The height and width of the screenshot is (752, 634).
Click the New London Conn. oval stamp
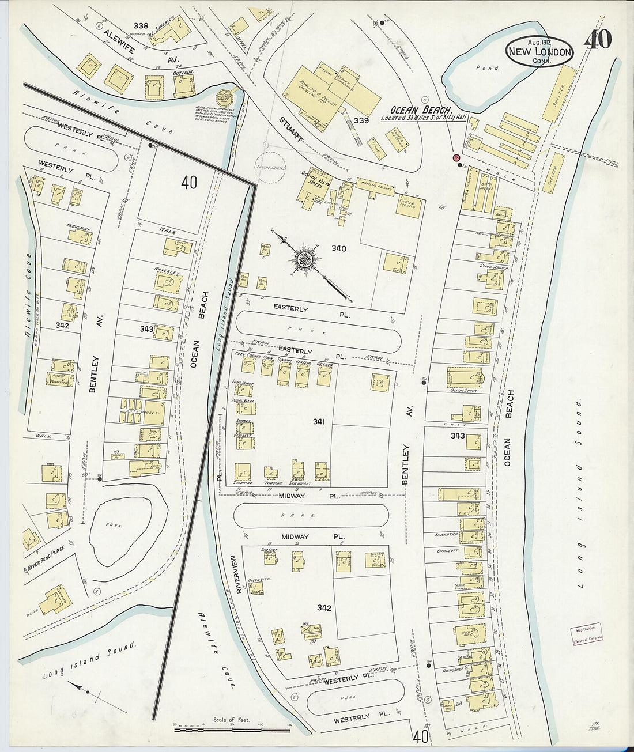tap(539, 52)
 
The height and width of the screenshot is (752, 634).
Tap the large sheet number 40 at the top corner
tap(598, 39)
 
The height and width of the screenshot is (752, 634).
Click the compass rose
tap(304, 259)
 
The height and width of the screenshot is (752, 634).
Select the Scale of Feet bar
tap(232, 730)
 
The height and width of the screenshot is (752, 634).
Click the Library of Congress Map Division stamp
tap(587, 632)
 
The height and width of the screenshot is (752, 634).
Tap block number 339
tap(361, 120)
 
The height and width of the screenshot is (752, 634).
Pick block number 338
tap(141, 26)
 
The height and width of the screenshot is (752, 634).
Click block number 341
tap(319, 422)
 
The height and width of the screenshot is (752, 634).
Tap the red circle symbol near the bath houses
tap(456, 157)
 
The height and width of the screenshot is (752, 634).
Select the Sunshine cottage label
tap(242, 482)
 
